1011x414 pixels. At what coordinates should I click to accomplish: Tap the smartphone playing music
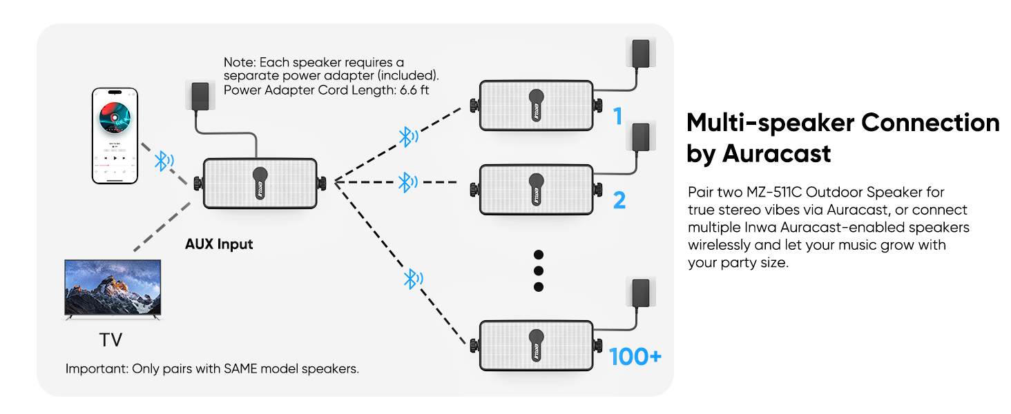[115, 136]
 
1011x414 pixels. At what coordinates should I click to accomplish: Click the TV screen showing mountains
[113, 288]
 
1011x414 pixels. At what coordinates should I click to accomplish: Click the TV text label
[110, 340]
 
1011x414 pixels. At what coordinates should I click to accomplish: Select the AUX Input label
[219, 244]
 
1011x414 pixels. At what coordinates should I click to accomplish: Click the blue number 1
[618, 116]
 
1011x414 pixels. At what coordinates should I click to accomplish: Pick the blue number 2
[619, 200]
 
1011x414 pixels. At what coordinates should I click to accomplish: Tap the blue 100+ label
[635, 357]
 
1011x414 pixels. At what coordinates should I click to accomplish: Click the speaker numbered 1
[536, 106]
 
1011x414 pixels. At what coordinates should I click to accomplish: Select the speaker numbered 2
[536, 190]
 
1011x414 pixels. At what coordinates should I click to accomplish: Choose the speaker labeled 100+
[536, 346]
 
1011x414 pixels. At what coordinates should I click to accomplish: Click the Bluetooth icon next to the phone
[164, 161]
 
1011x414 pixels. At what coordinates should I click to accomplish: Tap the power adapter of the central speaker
[200, 96]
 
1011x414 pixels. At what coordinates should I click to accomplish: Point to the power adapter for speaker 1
[640, 53]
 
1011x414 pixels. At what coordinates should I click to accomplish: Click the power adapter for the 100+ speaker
[640, 293]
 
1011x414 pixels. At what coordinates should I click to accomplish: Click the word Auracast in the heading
[776, 154]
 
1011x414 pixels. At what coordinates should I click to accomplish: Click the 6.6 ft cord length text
[414, 90]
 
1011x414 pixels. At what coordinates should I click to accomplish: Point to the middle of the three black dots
[539, 270]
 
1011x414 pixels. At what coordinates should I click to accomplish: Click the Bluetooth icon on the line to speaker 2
[407, 182]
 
